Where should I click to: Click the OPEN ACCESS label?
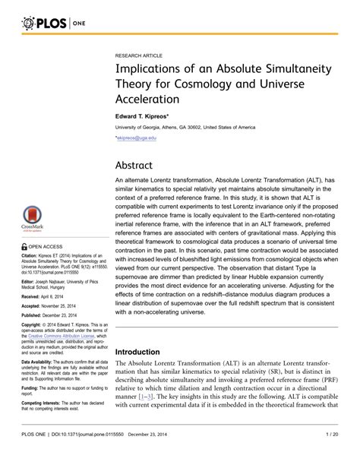tap(37, 247)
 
